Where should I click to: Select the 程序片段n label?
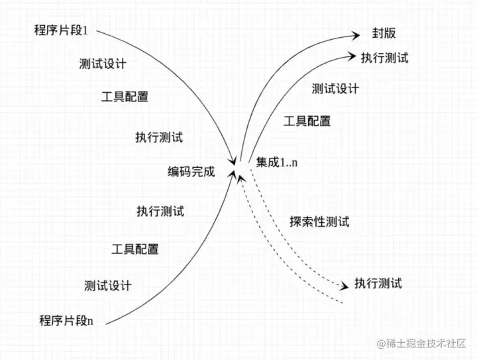(66, 321)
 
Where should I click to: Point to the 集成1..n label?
(277, 162)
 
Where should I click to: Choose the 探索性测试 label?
(319, 221)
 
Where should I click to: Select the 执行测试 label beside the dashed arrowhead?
(378, 284)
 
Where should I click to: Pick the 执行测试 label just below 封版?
(384, 58)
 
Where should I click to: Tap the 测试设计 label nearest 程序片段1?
(102, 64)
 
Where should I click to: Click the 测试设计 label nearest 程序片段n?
(108, 286)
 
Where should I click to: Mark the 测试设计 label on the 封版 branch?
(335, 88)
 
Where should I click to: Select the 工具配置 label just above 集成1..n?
(307, 121)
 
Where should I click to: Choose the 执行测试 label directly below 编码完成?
(160, 211)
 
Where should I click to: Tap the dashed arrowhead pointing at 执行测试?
(344, 286)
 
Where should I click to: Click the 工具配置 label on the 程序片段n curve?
(134, 249)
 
